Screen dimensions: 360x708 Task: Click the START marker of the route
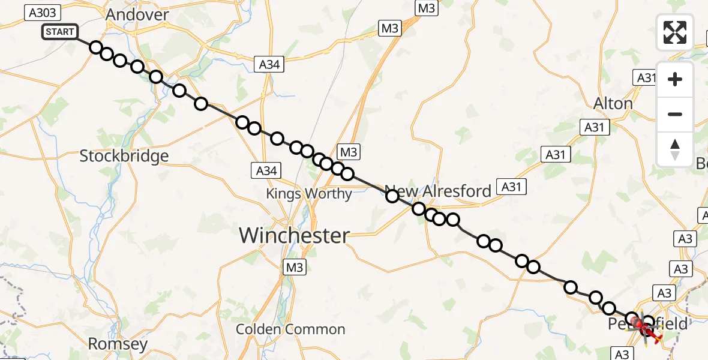pos(59,32)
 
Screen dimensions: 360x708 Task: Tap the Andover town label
pos(137,15)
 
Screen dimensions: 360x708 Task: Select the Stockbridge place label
pos(124,157)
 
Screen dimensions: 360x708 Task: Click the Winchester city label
pos(294,235)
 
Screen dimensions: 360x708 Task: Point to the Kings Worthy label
pos(309,194)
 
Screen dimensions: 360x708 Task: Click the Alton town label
pos(613,104)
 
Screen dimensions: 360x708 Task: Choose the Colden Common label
pos(290,329)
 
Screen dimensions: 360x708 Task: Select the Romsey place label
pos(118,344)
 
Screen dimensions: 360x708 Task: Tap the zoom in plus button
pos(675,79)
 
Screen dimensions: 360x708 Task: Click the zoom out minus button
pos(675,114)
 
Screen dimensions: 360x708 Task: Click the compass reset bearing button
pos(675,149)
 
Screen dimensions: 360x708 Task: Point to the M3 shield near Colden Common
pos(295,267)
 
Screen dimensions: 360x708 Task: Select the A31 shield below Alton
pos(595,127)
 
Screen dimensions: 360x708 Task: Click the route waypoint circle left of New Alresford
pos(392,196)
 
